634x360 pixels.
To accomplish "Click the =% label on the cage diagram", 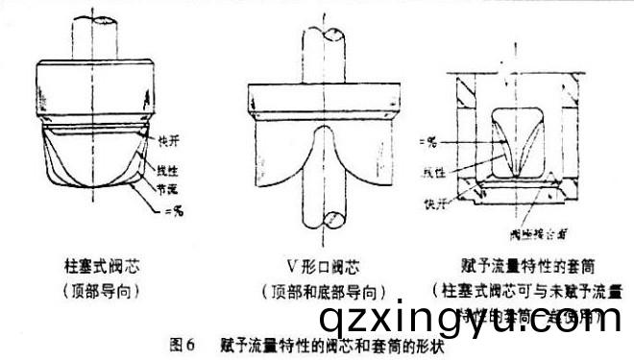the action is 428,143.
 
